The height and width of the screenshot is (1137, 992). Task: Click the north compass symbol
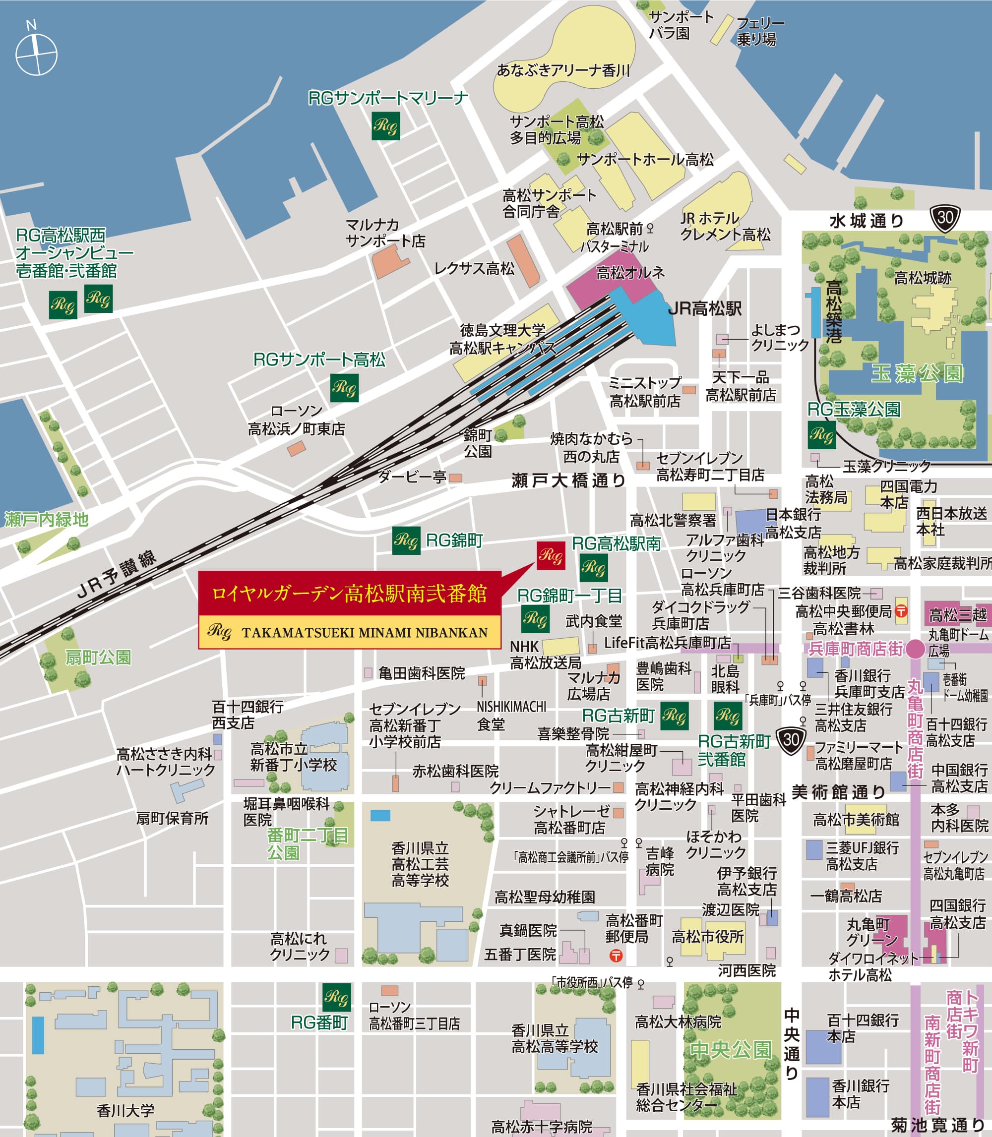tap(36, 54)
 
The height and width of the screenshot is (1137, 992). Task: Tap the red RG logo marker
tap(551, 555)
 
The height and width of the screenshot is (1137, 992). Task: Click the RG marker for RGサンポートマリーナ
tap(386, 126)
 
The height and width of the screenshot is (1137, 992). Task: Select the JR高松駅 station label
tap(704, 309)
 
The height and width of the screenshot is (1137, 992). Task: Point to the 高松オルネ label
tap(630, 273)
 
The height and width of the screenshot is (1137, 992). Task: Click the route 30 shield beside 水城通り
tap(945, 218)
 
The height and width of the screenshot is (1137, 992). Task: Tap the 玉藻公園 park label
tap(917, 373)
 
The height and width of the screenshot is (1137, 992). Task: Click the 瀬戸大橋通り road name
tap(568, 480)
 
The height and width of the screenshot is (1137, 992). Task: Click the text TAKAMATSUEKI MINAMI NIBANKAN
tap(364, 632)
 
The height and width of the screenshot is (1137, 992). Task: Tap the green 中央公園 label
tap(731, 1050)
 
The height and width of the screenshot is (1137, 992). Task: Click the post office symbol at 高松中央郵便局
tap(902, 611)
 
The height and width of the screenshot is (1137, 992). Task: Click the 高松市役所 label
tap(707, 937)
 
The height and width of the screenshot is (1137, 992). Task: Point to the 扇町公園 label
tap(98, 658)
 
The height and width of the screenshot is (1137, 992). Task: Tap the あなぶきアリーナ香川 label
tap(563, 70)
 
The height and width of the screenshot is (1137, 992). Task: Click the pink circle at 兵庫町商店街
tap(915, 649)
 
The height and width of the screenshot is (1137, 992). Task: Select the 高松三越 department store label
tap(958, 615)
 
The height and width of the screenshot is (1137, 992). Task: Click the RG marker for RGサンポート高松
tap(344, 388)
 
